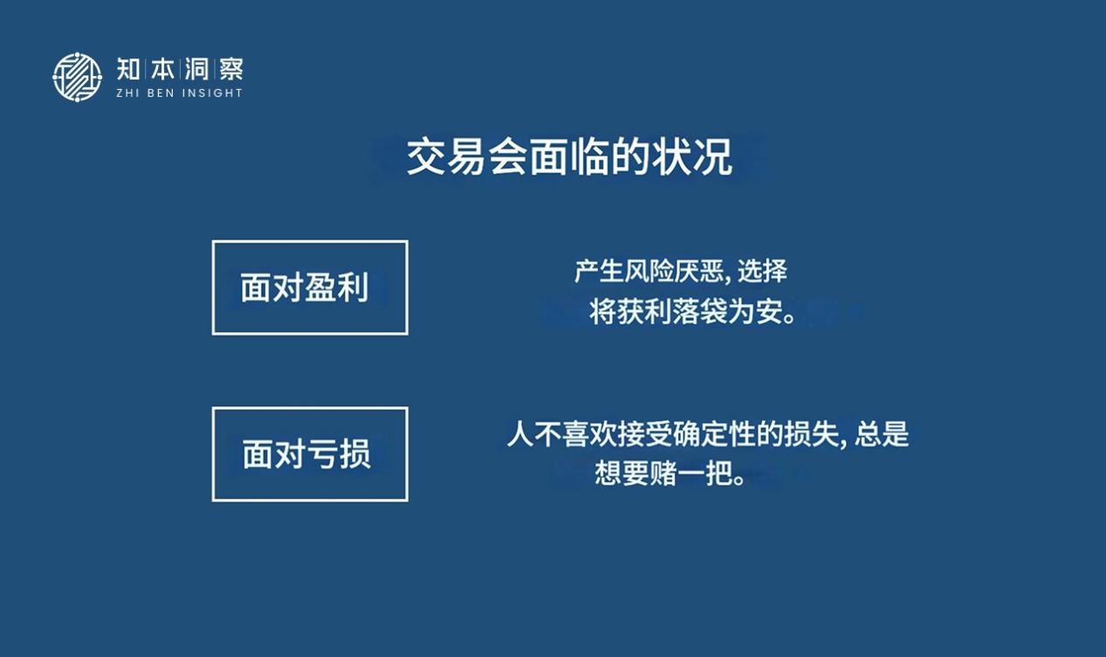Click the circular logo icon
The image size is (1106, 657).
pos(78,77)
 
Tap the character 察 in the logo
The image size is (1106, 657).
pos(231,69)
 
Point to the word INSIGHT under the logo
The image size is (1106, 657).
pos(212,93)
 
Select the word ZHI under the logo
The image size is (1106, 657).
pos(127,93)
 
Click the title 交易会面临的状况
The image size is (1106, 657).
pos(569,156)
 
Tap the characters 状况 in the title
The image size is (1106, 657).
pos(692,156)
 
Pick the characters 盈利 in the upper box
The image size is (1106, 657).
pos(337,287)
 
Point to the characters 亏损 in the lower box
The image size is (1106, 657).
pos(339,454)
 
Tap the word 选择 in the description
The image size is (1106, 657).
pos(762,271)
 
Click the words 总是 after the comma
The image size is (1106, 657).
pos(882,434)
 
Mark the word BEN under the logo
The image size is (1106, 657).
pos(161,93)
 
